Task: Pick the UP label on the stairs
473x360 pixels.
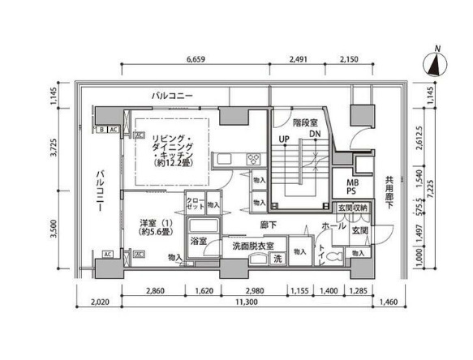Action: pyautogui.click(x=284, y=139)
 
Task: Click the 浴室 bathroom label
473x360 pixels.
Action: pyautogui.click(x=198, y=241)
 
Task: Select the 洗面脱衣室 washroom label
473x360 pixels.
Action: pyautogui.click(x=252, y=246)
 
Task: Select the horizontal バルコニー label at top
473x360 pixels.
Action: pyautogui.click(x=172, y=96)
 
